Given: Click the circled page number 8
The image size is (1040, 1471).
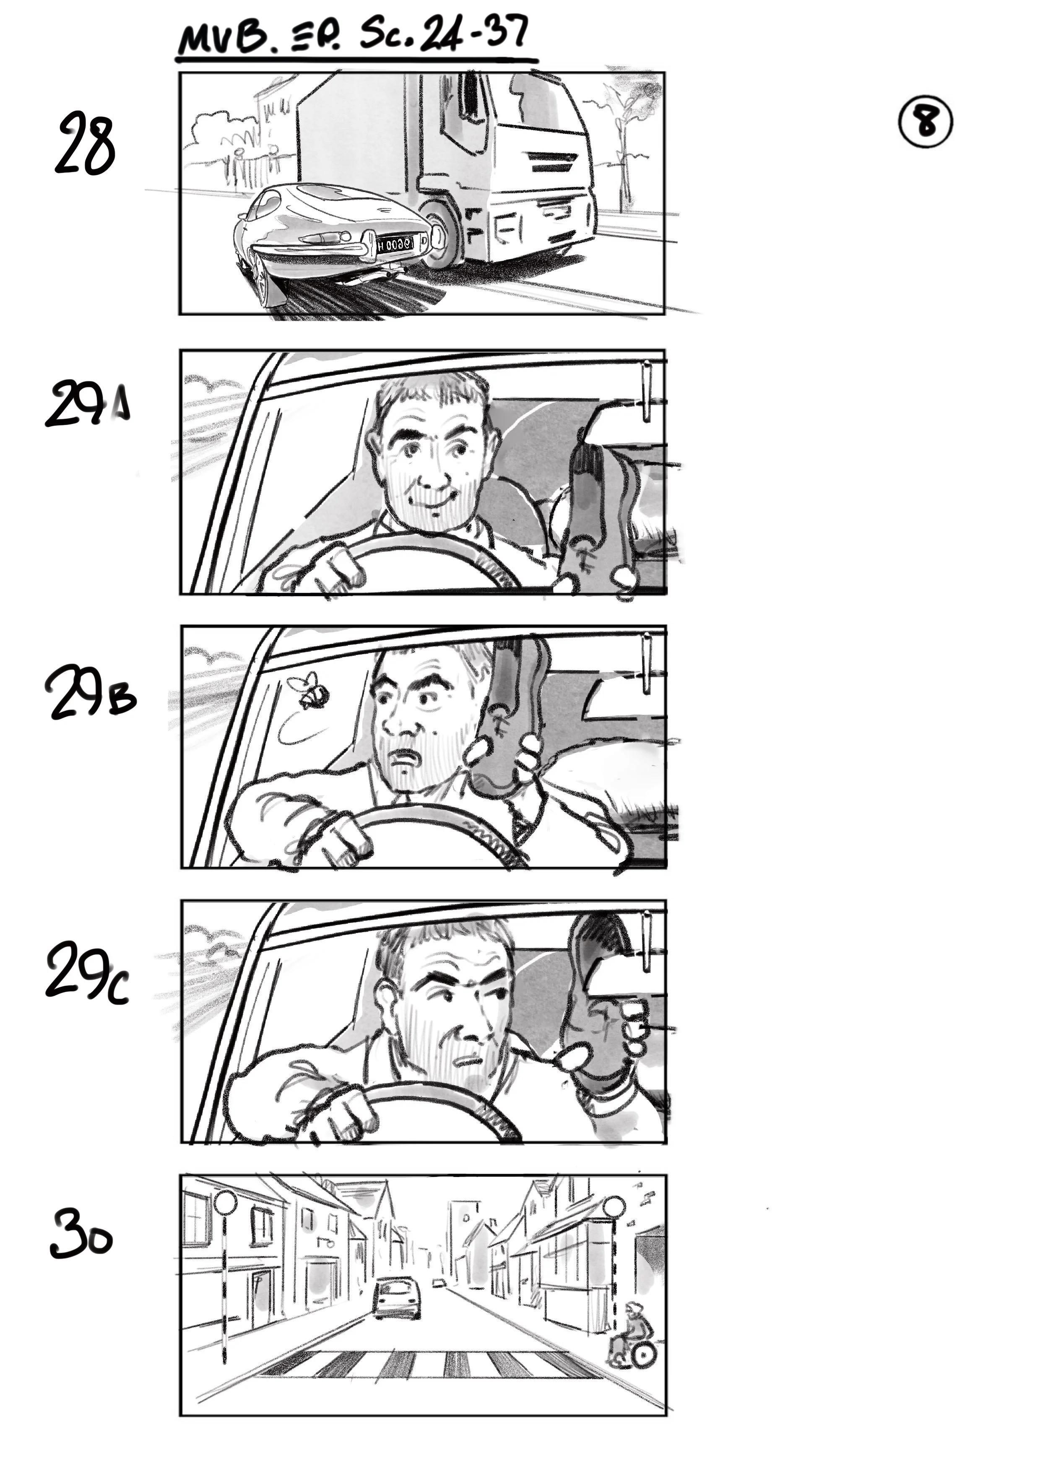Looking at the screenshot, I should coord(925,122).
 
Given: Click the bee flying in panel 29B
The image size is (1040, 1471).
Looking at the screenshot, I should coord(313,692).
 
